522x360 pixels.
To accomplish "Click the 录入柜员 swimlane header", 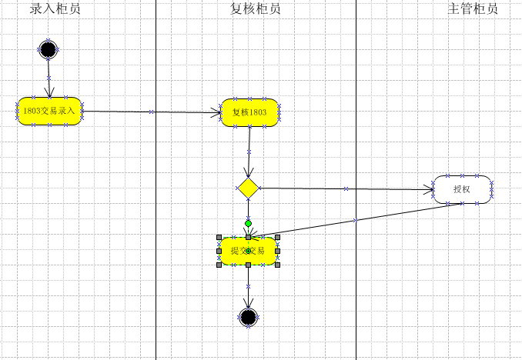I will point(55,9).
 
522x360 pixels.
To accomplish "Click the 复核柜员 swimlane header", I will point(256,9).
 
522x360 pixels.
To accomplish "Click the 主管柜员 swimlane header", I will point(473,9).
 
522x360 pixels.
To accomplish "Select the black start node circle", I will point(49,50).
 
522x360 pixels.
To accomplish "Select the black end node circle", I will point(248,316).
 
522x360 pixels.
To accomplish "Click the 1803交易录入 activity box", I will point(49,111).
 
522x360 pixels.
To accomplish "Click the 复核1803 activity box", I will point(249,112).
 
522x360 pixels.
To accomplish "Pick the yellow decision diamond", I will point(248,187).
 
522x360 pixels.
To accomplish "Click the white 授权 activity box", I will point(462,188).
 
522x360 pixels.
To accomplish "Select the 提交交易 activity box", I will point(248,251).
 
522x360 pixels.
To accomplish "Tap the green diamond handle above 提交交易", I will point(248,224).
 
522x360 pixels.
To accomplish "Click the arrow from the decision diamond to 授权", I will point(346,188).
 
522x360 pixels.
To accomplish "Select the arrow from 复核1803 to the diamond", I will point(249,150).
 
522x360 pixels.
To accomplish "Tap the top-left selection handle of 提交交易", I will point(219,237).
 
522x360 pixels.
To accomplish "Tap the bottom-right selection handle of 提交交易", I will point(277,265).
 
